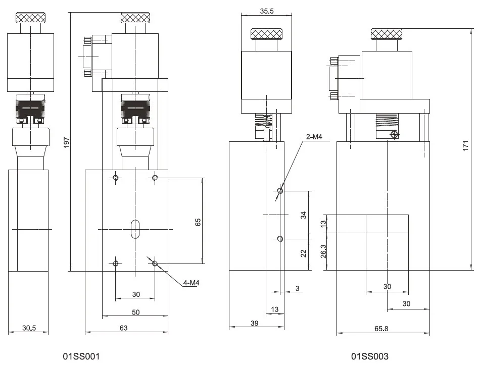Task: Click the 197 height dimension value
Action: (x=66, y=143)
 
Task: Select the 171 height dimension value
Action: (x=466, y=145)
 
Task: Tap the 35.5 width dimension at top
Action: (x=267, y=11)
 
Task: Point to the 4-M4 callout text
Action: (x=191, y=283)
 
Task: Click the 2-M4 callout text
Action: (x=314, y=137)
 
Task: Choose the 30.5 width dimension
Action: (x=29, y=328)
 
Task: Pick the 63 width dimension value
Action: (x=124, y=328)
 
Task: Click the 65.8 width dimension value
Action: (x=381, y=329)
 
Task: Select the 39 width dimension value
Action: (x=255, y=323)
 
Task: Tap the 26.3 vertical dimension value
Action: (x=323, y=251)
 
